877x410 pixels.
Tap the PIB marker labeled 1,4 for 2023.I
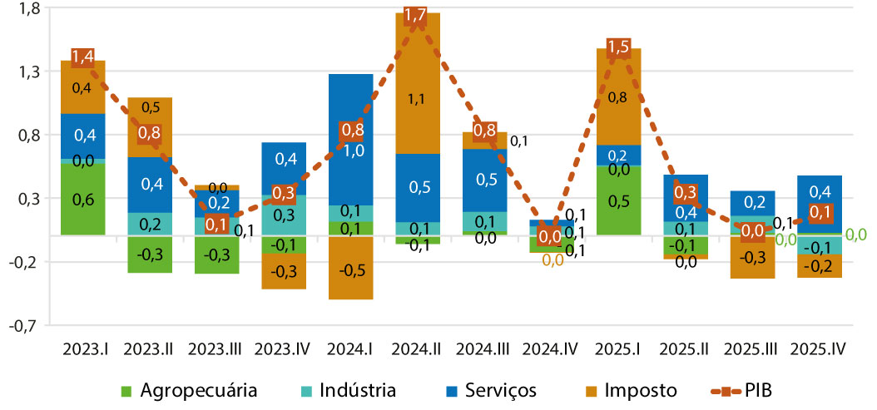[x=82, y=57]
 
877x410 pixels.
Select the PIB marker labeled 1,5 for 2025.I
[x=617, y=47]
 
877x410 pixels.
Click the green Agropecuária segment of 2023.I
[x=82, y=199]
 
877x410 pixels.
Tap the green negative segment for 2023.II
[x=150, y=254]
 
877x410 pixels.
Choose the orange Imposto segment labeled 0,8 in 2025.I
[x=617, y=96]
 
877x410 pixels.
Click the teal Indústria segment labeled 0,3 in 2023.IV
[x=284, y=215]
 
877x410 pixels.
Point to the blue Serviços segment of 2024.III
[x=484, y=180]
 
